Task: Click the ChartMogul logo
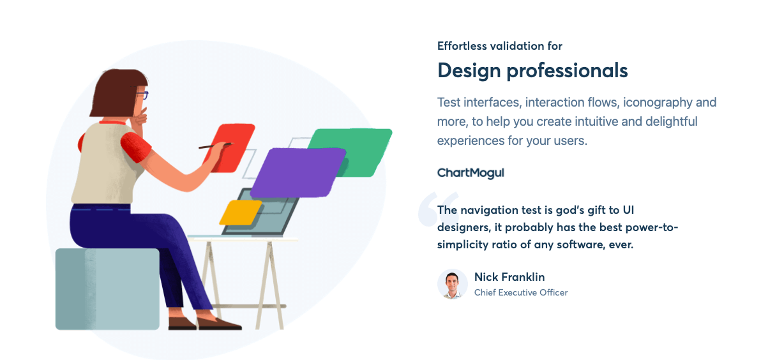[471, 172]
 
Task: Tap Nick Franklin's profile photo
[453, 284]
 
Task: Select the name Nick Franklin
[509, 277]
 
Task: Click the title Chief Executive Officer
[520, 293]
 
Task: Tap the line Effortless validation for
[499, 46]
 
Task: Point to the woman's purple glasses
[144, 96]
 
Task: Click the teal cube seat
[107, 289]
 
